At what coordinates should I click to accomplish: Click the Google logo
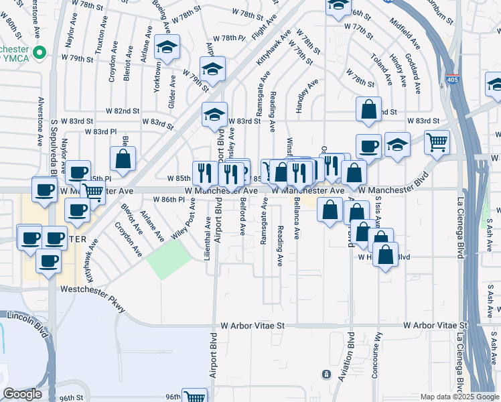tap(23, 394)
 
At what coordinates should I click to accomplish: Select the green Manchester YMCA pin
tap(40, 52)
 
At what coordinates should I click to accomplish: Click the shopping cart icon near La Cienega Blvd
tap(437, 141)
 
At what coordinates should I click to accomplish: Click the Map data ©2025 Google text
tap(459, 397)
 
